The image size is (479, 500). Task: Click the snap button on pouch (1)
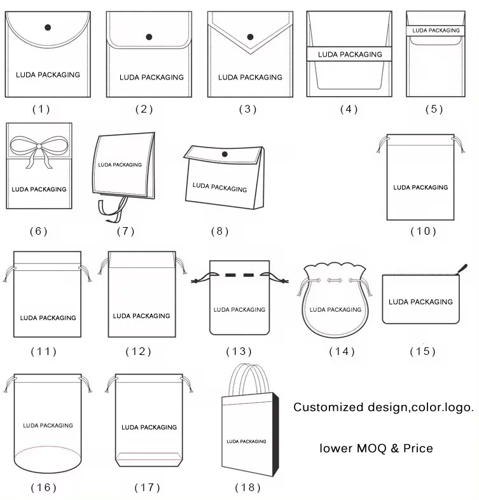[48, 27]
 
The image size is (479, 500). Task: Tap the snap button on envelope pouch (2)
[149, 37]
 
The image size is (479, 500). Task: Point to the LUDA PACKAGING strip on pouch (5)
[436, 31]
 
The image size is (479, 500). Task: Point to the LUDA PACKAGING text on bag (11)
[48, 317]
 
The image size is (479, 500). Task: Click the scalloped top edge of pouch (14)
[337, 270]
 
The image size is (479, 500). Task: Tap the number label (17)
[147, 488]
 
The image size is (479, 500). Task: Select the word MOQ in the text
[369, 448]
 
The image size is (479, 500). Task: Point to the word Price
[418, 448]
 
